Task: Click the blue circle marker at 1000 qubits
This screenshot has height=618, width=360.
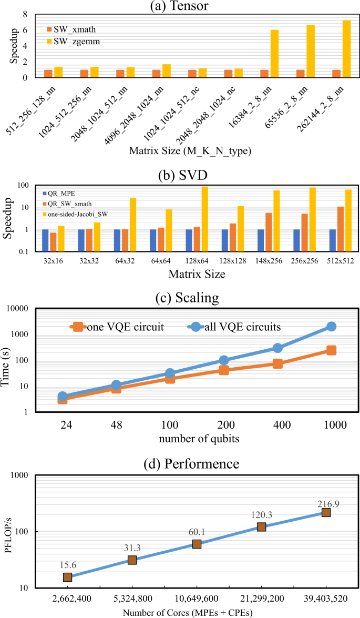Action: pos(331,327)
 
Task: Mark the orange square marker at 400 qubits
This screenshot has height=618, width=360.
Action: pos(277,364)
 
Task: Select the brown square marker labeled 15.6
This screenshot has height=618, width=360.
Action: pos(68,577)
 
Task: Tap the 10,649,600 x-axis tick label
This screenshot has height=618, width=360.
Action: pos(197,599)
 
